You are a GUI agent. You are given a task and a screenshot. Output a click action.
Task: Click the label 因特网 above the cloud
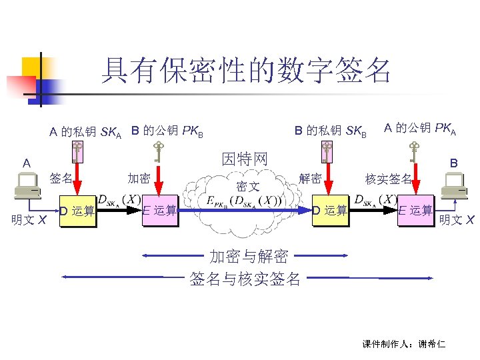(x=245, y=159)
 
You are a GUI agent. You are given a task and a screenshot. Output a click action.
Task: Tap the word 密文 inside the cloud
(x=248, y=187)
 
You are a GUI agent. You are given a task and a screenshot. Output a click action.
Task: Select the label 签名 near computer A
(x=61, y=178)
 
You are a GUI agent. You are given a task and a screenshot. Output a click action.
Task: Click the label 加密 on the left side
(x=139, y=178)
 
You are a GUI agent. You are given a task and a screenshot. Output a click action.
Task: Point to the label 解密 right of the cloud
(x=311, y=178)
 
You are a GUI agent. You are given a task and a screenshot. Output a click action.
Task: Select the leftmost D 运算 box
(x=77, y=211)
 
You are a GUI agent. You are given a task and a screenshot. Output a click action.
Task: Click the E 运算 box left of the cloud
(x=160, y=211)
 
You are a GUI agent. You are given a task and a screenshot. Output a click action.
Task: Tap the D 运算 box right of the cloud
(x=330, y=211)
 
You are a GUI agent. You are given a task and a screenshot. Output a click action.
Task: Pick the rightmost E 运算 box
(x=415, y=211)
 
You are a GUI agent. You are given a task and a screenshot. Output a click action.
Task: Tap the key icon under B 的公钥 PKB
(x=158, y=152)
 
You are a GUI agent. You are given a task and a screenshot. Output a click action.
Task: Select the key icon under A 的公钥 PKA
(x=415, y=152)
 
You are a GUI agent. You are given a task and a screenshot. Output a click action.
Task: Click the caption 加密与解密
(x=249, y=257)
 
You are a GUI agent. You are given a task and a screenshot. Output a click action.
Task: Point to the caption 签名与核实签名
(x=245, y=279)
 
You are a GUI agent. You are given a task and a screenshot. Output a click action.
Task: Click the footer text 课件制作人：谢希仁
(x=404, y=344)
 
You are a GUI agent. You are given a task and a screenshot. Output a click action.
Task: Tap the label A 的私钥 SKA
(x=85, y=132)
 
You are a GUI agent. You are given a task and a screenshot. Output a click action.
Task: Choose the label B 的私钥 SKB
(x=331, y=131)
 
